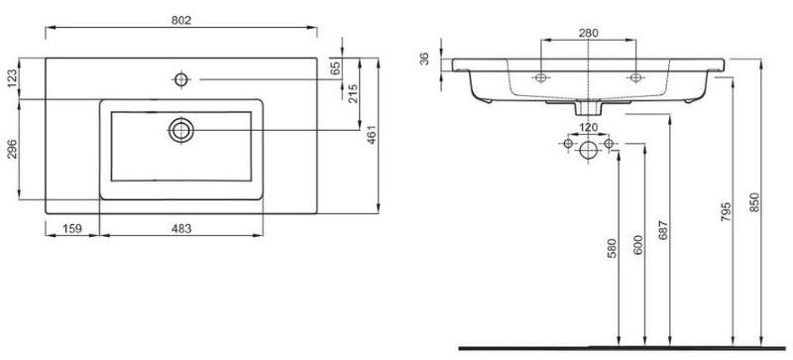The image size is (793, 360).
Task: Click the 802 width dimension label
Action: coord(181,20)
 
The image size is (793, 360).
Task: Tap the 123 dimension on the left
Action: coord(13,78)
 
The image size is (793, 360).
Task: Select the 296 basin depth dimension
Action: coord(13,150)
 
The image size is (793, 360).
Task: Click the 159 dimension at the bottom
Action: coord(72,229)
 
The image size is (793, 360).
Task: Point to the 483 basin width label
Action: coord(181,229)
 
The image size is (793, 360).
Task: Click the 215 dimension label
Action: coord(353,93)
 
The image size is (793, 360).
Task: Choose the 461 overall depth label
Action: coord(372,135)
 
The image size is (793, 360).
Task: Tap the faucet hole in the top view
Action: coord(181,79)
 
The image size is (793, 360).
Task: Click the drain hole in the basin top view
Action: coord(181,130)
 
